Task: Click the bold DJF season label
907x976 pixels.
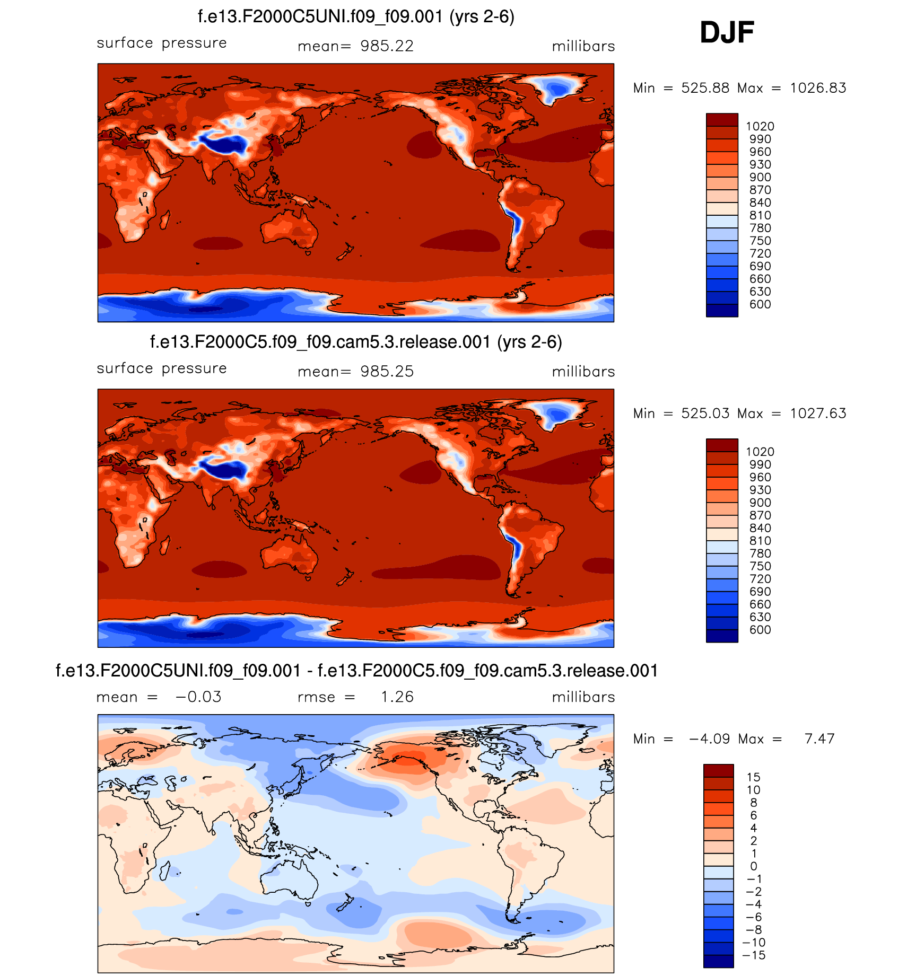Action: pyautogui.click(x=727, y=33)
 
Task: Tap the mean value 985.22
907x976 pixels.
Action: pyautogui.click(x=387, y=47)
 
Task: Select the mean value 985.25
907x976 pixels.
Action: pyautogui.click(x=387, y=372)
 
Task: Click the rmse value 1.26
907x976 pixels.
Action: pyautogui.click(x=397, y=697)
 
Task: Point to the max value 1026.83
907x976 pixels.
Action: pyautogui.click(x=818, y=88)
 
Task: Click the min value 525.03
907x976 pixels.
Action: pyautogui.click(x=705, y=414)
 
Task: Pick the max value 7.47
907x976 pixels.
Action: pyautogui.click(x=819, y=739)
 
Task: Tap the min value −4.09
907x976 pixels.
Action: pyautogui.click(x=709, y=739)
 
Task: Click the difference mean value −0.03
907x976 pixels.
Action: pyautogui.click(x=198, y=697)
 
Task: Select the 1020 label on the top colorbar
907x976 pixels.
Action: pyautogui.click(x=760, y=127)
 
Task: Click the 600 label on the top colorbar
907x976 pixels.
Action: pyautogui.click(x=760, y=305)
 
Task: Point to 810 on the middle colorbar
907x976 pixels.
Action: pyautogui.click(x=760, y=541)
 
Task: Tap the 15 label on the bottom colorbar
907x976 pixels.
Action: pyautogui.click(x=753, y=778)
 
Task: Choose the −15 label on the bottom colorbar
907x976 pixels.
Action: pyautogui.click(x=753, y=956)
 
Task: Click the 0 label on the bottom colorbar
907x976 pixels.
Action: pyautogui.click(x=753, y=867)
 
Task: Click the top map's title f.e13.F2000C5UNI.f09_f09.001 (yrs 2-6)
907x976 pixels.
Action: pyautogui.click(x=356, y=17)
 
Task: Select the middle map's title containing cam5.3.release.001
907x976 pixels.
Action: pyautogui.click(x=356, y=342)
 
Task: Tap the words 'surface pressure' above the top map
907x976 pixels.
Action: pyautogui.click(x=162, y=43)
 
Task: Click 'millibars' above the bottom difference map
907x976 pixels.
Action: pyautogui.click(x=583, y=697)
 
